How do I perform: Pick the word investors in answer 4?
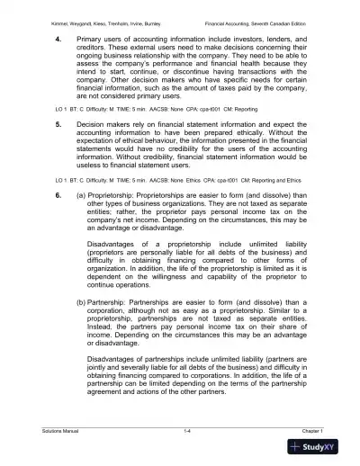[252, 40]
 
